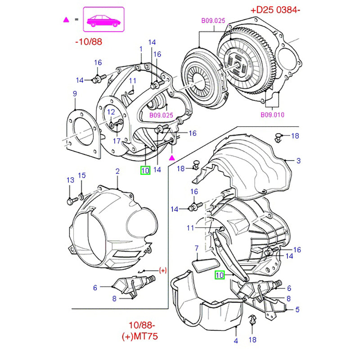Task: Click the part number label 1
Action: point(141,49)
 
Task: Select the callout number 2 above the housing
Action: point(117,171)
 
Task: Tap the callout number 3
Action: point(298,161)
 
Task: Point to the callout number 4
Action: point(236,341)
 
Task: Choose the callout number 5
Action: point(297,310)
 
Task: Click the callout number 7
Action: point(196,247)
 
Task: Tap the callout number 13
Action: point(70,180)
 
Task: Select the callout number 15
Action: point(81,175)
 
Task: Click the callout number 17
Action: point(116,140)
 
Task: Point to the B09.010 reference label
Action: point(273,115)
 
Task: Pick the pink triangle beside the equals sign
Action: point(66,20)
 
